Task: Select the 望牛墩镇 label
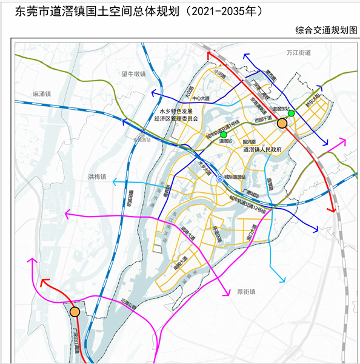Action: [133, 74]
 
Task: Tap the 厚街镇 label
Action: [245, 291]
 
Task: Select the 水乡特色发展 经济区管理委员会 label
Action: [179, 115]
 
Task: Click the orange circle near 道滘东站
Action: [282, 123]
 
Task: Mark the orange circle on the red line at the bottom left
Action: [75, 312]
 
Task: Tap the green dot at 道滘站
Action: [224, 135]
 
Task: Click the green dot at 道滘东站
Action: [292, 113]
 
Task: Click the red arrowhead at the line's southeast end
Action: [332, 209]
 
